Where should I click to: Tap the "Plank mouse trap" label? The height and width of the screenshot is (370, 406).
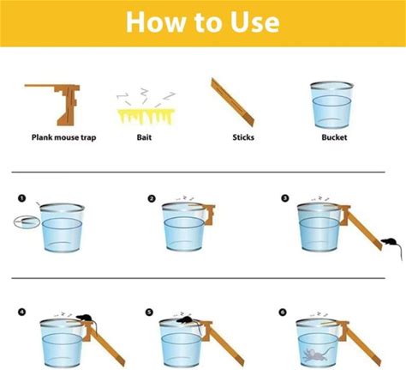(63, 137)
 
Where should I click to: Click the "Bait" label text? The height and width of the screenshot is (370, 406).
(144, 137)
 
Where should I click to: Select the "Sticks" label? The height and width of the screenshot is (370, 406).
(243, 137)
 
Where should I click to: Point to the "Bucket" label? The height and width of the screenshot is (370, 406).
(334, 137)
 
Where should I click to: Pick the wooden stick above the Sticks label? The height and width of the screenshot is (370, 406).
(232, 101)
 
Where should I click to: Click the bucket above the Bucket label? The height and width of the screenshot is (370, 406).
(331, 105)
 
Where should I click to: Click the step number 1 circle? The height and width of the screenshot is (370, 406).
(21, 198)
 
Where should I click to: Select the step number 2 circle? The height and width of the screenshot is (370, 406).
(152, 198)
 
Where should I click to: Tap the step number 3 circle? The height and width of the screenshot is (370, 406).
(285, 198)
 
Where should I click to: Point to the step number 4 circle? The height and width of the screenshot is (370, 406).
(21, 312)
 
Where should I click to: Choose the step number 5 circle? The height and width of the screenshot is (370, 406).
(149, 312)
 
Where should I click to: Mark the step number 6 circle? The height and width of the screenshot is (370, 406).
(283, 312)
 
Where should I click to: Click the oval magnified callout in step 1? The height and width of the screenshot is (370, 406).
(27, 221)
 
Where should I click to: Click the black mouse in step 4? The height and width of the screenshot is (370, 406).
(85, 318)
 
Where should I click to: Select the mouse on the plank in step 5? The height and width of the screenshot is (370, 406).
(185, 320)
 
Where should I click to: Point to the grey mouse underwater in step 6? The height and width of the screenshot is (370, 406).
(318, 355)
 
